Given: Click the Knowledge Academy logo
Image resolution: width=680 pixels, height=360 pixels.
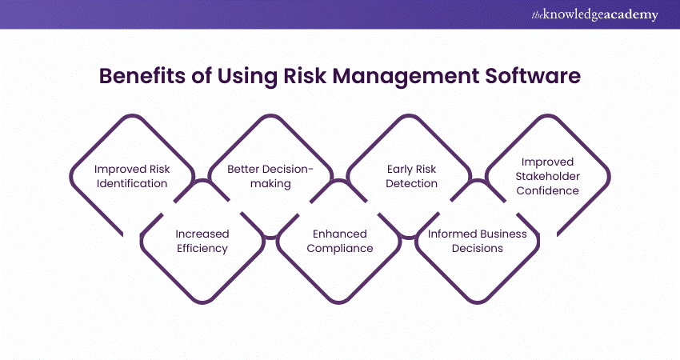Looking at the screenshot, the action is pos(595,14).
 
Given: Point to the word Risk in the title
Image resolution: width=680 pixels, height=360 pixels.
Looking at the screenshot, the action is pos(305,76).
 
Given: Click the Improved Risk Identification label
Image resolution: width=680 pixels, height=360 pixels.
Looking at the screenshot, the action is pos(132,176).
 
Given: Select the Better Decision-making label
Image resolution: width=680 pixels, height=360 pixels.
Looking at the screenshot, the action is pos(270,176).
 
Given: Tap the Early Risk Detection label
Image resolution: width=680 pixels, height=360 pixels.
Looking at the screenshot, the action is pos(411,176).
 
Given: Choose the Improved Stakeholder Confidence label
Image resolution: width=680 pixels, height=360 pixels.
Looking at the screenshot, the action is pos(547,176).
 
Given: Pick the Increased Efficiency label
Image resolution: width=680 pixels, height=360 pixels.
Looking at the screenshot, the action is pos(202,241).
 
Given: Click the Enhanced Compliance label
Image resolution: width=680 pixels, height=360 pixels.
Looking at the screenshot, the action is pos(339,241).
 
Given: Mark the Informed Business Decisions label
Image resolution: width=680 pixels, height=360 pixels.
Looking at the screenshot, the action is pos(477,241).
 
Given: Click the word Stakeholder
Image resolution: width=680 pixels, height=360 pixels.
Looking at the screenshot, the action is pos(547,176).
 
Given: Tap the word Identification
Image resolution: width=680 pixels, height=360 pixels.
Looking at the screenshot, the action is pos(132,183).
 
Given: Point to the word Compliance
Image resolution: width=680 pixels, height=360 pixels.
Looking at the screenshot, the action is pos(339,249).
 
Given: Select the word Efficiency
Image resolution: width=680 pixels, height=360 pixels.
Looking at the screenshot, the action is pos(202,249).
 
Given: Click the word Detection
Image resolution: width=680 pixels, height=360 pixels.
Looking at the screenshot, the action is pos(411,183).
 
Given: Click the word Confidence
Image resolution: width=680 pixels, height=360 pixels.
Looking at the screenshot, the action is pos(547,191).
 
